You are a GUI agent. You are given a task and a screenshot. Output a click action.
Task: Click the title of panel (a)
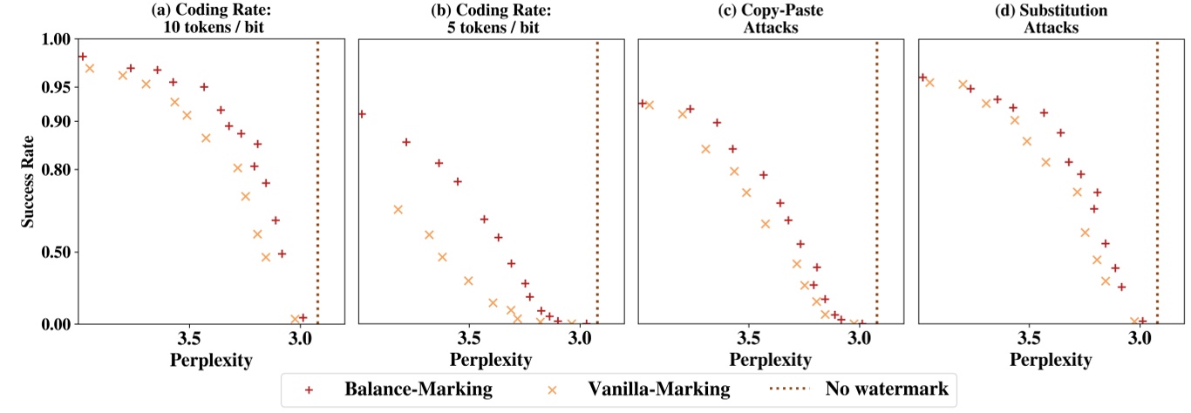[210, 17]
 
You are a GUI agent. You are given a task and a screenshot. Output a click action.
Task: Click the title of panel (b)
[490, 17]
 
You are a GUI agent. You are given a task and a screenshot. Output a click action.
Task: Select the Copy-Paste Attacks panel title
[769, 17]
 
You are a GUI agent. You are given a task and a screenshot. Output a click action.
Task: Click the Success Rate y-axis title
[29, 181]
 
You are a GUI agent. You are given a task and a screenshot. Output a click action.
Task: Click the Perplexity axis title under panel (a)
[211, 359]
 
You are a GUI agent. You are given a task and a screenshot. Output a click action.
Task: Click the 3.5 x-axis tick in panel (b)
[469, 338]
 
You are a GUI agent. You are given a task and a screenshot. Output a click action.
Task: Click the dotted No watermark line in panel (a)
[317, 174]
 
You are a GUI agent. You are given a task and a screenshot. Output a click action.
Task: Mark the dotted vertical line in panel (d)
[1157, 174]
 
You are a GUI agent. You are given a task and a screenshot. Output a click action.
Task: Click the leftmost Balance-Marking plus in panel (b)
[361, 114]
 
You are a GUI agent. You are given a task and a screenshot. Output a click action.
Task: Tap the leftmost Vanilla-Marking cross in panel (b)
[398, 209]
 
